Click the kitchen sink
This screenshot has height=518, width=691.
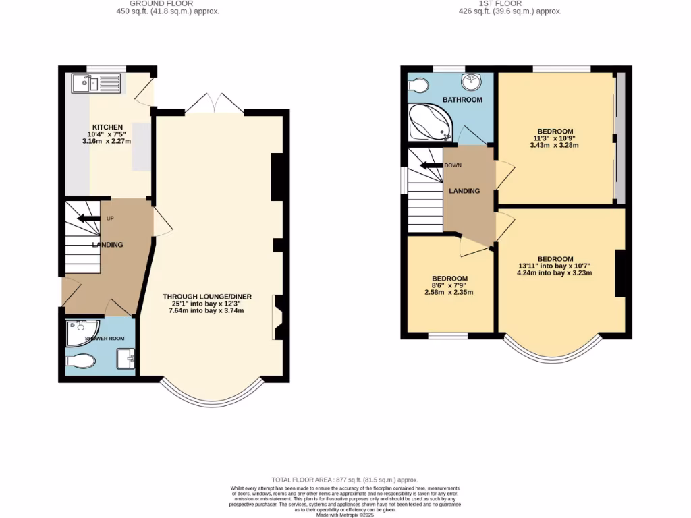[94, 84]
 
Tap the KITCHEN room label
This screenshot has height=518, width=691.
[107, 127]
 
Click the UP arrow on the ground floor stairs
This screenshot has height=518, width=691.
[88, 218]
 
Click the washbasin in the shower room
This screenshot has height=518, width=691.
[126, 359]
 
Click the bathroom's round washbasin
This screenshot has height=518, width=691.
[470, 82]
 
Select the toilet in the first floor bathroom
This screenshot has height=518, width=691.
[417, 86]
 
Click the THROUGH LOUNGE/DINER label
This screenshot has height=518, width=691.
[206, 296]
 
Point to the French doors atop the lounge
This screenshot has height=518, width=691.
[215, 105]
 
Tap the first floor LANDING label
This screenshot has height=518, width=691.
[464, 191]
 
